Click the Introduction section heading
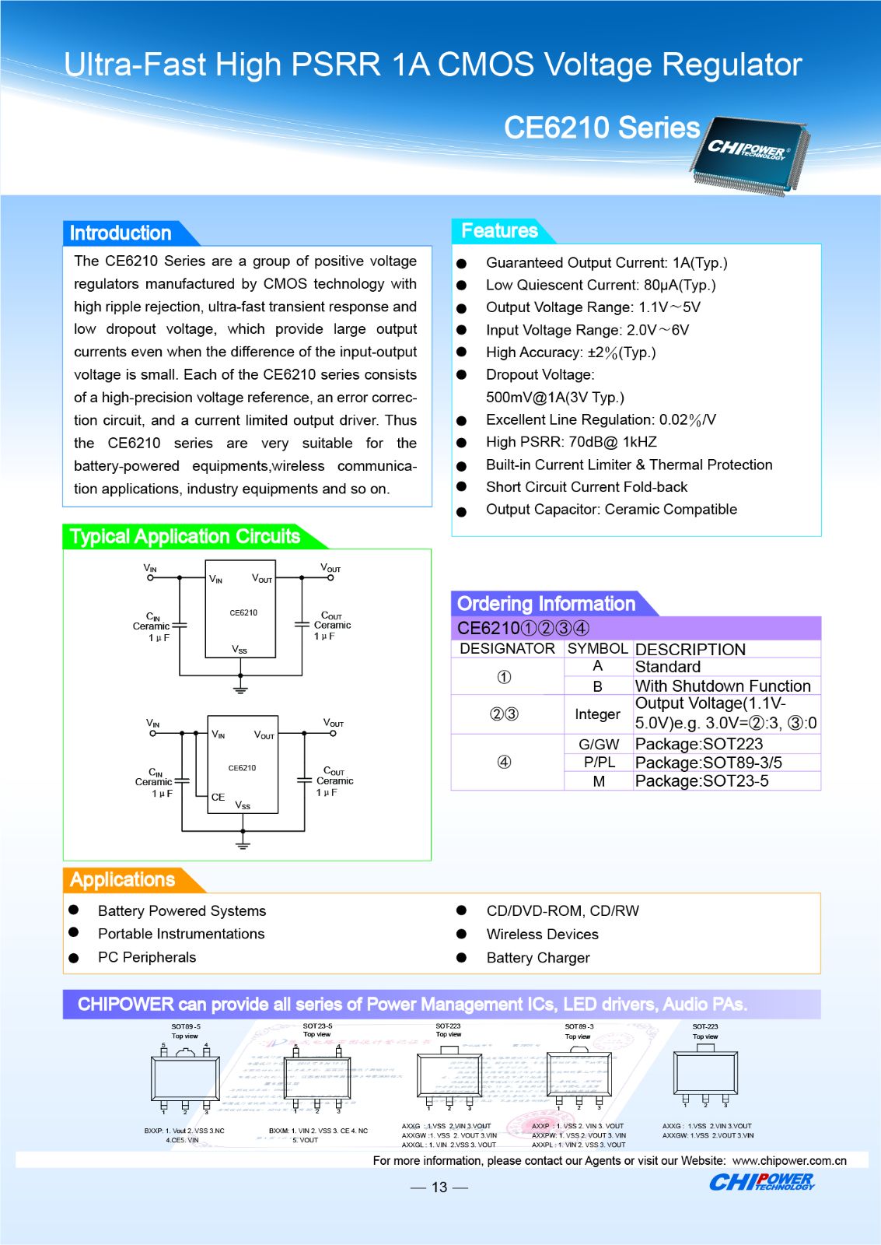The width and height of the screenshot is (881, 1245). [121, 233]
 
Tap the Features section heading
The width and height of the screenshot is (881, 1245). [499, 230]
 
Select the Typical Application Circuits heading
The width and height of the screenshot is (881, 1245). [184, 536]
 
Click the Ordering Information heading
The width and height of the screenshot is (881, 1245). [546, 604]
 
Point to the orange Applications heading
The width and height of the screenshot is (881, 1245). [122, 879]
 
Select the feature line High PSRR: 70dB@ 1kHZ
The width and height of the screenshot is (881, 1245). [571, 442]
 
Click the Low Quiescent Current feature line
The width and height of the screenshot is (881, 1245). [600, 285]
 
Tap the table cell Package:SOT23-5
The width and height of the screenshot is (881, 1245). [701, 781]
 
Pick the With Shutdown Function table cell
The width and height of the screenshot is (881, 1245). [722, 686]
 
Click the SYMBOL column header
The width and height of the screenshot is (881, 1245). [597, 648]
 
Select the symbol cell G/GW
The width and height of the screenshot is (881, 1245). [599, 744]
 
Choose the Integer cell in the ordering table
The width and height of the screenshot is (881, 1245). [597, 714]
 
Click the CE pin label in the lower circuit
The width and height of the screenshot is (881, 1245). [218, 797]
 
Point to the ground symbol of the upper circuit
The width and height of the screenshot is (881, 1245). [240, 688]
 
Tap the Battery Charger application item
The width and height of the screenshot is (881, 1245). [537, 958]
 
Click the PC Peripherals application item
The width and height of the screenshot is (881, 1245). [147, 957]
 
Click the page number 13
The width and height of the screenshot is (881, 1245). [439, 1187]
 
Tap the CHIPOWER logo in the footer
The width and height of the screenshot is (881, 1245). [761, 1182]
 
